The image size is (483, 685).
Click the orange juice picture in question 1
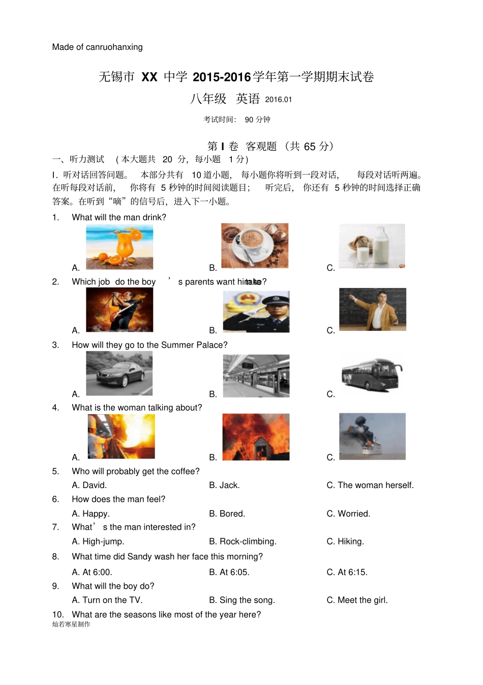119,247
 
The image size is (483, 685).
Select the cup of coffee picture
255,245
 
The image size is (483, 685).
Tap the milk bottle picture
372,246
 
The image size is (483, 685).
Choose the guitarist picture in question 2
119,309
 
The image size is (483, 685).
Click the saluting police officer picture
256,311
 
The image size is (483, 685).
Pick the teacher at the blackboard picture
373,309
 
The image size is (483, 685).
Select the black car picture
119,374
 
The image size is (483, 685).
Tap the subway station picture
256,376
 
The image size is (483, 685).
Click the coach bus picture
372,375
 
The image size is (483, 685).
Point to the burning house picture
256,437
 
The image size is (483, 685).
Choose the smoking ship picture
372,436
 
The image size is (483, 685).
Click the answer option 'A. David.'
89,486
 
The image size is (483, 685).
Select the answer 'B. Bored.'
227,514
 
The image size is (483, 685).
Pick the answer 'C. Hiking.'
345,541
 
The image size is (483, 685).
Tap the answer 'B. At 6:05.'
229,573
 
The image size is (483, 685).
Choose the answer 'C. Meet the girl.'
357,601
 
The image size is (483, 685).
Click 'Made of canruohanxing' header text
97,47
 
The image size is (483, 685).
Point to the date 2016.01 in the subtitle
279,100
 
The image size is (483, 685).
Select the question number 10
57,615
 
